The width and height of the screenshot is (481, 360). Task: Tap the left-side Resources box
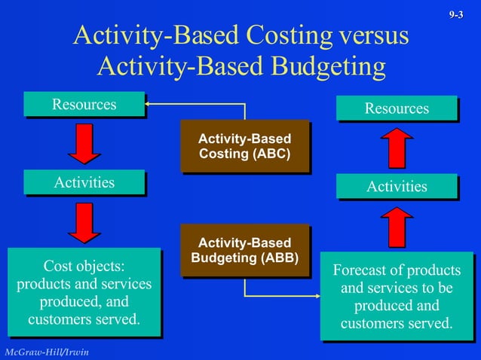[84, 105]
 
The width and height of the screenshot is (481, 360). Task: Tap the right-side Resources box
[397, 108]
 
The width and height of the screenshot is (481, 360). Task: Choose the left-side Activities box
[84, 182]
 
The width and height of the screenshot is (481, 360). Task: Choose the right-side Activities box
[397, 186]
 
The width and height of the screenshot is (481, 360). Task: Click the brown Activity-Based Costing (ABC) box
[244, 146]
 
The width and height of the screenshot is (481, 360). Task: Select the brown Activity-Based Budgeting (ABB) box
[244, 251]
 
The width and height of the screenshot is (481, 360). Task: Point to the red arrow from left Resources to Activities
[84, 144]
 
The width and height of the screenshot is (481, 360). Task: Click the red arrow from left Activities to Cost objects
[84, 223]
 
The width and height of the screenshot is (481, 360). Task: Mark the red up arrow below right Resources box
[397, 148]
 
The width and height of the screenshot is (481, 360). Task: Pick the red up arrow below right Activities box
[397, 226]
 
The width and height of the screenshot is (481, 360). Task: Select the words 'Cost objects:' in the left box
[84, 267]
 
